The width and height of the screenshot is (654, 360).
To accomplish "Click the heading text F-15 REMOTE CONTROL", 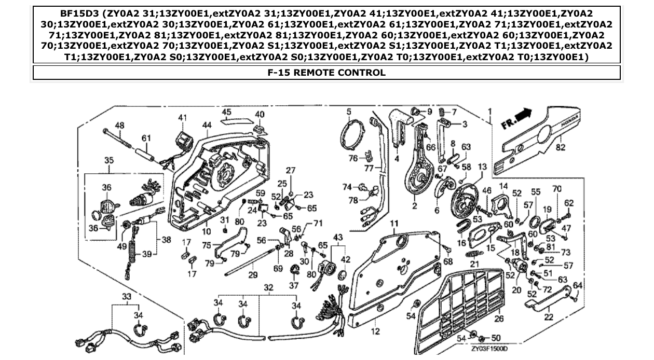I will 326,73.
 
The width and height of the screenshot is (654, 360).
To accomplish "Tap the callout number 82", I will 560,147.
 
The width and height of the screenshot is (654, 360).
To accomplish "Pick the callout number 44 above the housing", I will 207,125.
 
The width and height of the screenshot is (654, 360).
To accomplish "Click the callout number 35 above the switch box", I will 108,160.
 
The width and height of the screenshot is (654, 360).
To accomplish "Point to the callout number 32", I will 268,286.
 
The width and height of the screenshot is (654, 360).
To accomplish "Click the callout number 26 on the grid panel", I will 499,318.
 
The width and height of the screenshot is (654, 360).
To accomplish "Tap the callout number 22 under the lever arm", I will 549,317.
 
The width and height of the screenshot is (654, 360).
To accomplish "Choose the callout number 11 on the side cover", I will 394,224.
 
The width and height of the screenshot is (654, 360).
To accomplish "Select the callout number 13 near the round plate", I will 483,167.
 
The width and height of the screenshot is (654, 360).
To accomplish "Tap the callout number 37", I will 294,286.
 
